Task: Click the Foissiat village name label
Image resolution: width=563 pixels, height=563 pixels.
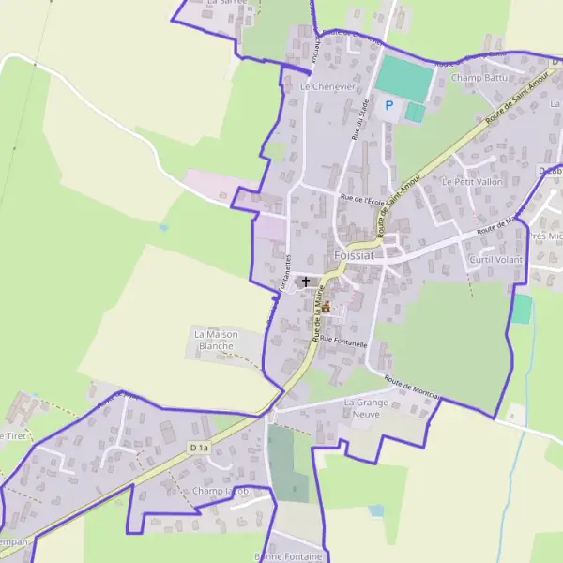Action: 355,255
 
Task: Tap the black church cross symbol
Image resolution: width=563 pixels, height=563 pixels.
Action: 305,281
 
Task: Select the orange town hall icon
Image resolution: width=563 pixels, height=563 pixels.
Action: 326,306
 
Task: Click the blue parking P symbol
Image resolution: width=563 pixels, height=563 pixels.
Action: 388,107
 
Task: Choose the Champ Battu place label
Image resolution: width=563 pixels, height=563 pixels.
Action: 478,78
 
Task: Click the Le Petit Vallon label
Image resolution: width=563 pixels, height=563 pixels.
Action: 472,181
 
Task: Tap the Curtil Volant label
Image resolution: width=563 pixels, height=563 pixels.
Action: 495,259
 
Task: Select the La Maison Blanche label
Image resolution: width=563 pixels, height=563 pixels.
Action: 217,340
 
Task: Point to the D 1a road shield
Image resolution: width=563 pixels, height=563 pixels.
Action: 197,449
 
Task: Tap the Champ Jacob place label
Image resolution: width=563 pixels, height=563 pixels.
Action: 223,491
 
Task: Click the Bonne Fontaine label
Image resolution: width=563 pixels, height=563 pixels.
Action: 288,556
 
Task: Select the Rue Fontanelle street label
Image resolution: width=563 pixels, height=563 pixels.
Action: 343,343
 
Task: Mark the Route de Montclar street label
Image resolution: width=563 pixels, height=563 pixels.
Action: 413,388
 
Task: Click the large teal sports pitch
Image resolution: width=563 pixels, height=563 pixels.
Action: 404,78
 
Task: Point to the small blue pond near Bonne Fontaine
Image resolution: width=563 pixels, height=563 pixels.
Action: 376,510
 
